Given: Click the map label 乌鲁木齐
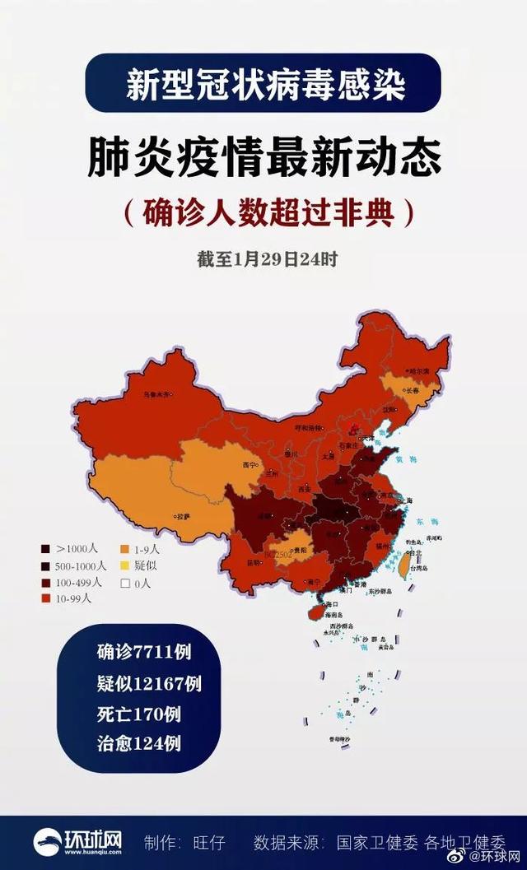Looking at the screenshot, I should pos(156,396).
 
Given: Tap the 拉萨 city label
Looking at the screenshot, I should pos(183,517).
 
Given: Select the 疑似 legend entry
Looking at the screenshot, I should pos(141,565).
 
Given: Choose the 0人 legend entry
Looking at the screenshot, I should pos(141,583).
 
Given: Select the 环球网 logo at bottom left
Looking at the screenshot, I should pos(78,842).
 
